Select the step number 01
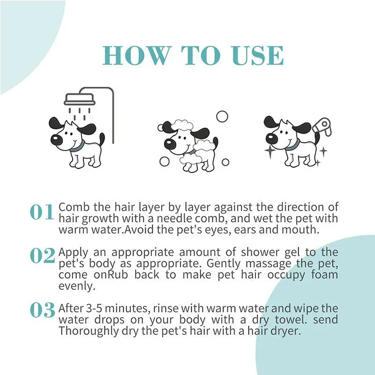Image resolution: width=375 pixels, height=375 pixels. point(42,212)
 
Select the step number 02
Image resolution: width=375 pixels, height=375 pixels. point(42,255)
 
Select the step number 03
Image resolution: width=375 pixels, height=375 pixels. point(42,310)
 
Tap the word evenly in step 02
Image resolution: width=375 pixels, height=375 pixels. point(73,286)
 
